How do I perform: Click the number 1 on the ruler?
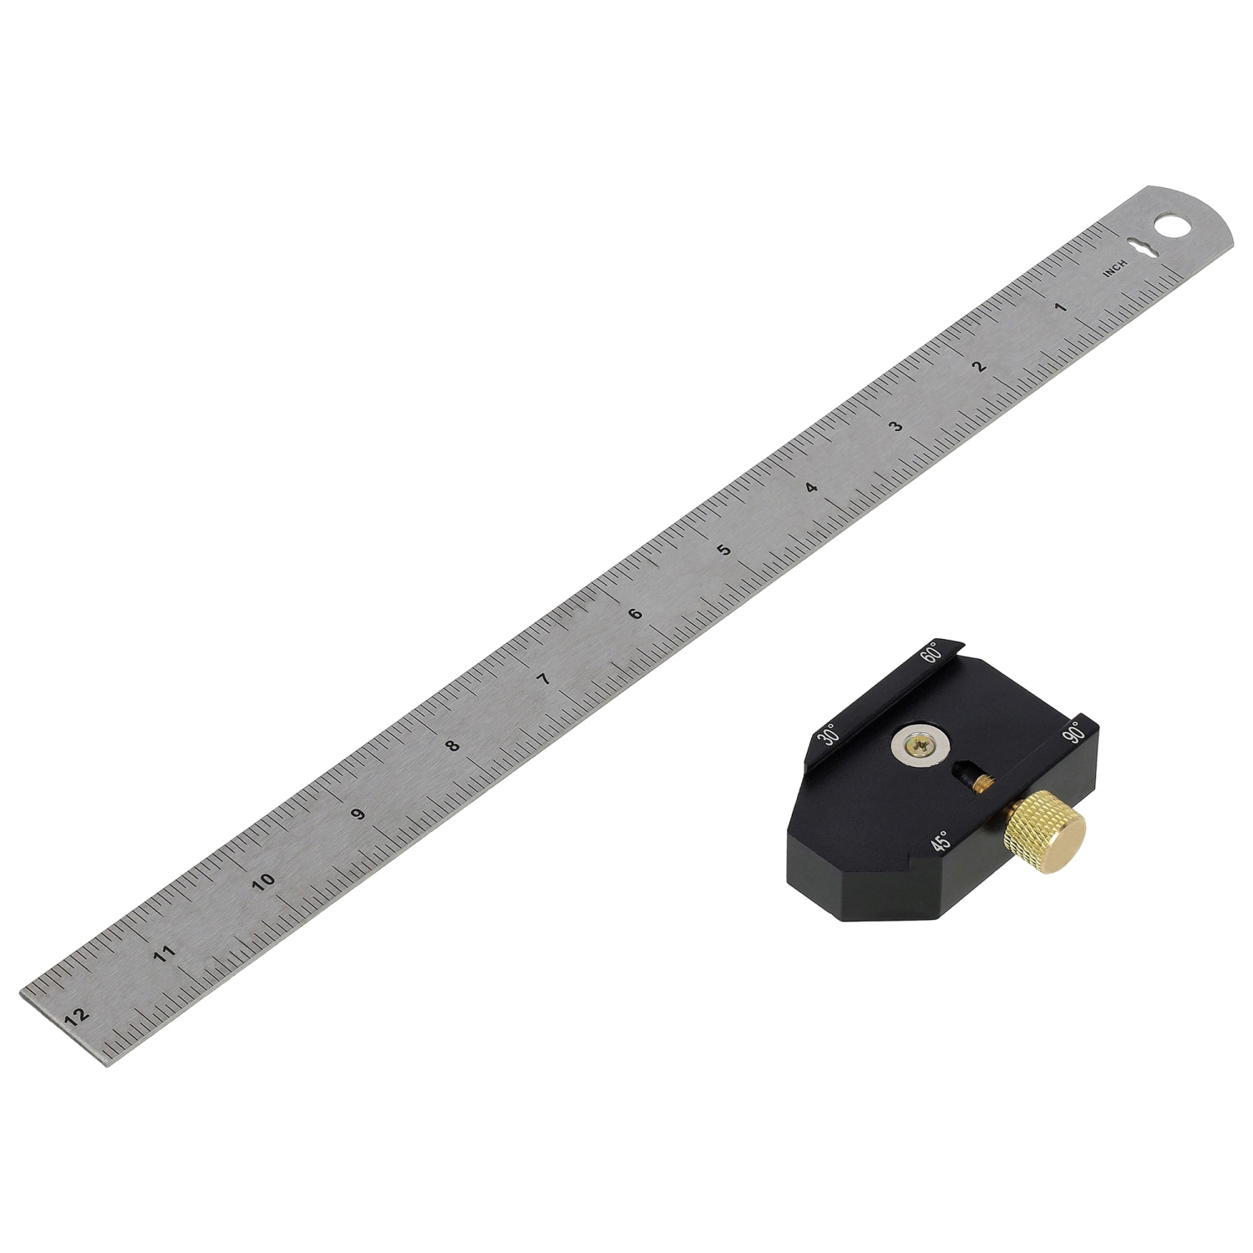coord(1062,307)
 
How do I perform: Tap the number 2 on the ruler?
coord(980,366)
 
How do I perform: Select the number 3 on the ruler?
coord(896,427)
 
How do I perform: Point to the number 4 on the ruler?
coord(811,488)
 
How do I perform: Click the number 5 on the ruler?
coord(724,550)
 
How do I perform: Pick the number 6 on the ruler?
coord(636,614)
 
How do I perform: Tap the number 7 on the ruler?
coord(545,679)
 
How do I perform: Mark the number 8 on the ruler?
coord(453,746)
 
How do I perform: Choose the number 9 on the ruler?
coord(358,814)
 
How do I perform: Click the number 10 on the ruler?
coord(264,881)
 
